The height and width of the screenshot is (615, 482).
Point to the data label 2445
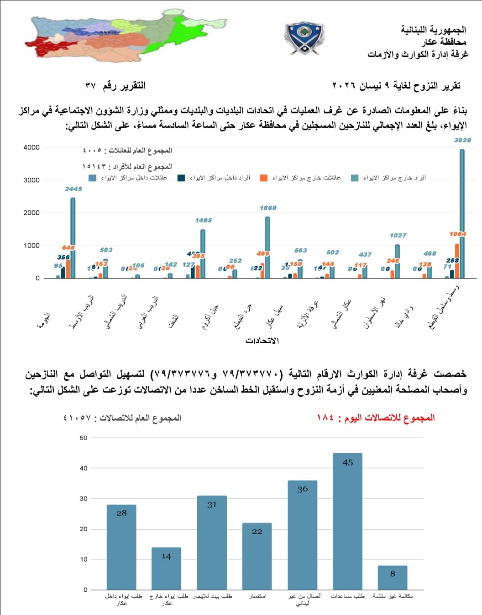(73, 189)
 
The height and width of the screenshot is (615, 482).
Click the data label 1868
(268, 208)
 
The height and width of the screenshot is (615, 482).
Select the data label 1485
(203, 220)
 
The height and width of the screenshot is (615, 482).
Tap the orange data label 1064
(457, 234)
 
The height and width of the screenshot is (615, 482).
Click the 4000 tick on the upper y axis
(31, 147)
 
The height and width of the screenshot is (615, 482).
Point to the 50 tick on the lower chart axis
(84, 438)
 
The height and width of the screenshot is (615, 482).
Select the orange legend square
(264, 178)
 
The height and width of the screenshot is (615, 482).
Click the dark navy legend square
(181, 178)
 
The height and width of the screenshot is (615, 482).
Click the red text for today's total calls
(376, 418)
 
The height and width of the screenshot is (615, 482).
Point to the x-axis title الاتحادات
(262, 341)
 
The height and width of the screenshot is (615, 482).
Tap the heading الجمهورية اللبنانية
(433, 30)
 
